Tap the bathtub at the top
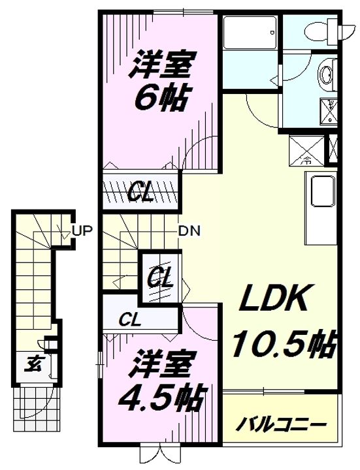tap(250, 33)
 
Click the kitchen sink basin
tap(323, 191)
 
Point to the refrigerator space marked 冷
tap(306, 150)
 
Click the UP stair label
tap(82, 231)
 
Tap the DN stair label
tap(189, 231)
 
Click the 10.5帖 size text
tap(283, 345)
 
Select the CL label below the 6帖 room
tap(140, 194)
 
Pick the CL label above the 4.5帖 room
tap(129, 320)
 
